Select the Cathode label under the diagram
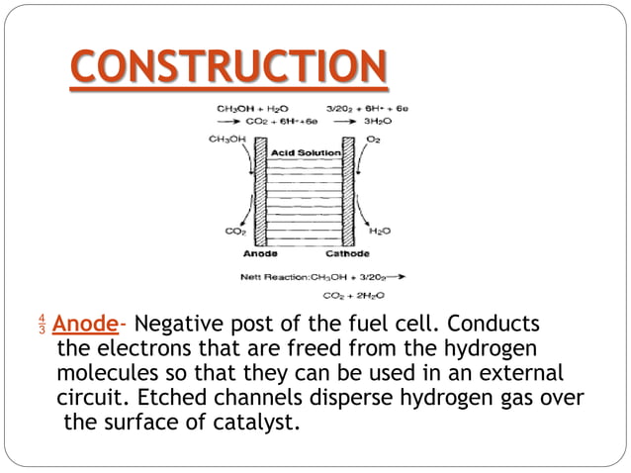[347, 254]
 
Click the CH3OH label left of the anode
[227, 140]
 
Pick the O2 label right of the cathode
[373, 140]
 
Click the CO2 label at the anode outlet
[235, 232]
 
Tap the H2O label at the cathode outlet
[378, 232]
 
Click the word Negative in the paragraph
[180, 325]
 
